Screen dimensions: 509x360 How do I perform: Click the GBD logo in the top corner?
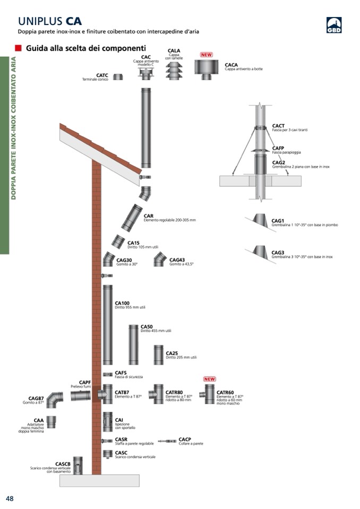click(x=333, y=25)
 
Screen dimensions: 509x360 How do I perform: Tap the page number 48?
click(x=10, y=498)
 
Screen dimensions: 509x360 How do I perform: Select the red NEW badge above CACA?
click(x=207, y=55)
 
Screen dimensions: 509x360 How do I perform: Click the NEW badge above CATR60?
click(x=210, y=379)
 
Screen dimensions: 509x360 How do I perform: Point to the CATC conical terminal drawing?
click(x=118, y=77)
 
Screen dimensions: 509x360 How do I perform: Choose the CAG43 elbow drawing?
click(x=159, y=259)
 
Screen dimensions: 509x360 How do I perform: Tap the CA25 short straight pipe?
click(x=159, y=355)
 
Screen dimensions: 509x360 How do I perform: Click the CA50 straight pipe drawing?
click(x=133, y=344)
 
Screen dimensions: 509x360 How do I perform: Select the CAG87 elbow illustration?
click(x=54, y=400)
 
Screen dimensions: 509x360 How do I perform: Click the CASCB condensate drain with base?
click(x=78, y=465)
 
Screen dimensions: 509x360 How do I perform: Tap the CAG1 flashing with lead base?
click(x=259, y=220)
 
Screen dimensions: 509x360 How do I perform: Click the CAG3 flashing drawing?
click(x=260, y=252)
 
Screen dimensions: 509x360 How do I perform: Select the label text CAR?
click(x=149, y=216)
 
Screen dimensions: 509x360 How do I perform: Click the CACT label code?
click(x=278, y=126)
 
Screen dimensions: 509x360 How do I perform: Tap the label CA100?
click(x=122, y=304)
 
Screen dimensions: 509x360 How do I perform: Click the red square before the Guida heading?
click(x=18, y=48)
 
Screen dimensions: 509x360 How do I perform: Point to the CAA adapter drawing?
click(x=51, y=422)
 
